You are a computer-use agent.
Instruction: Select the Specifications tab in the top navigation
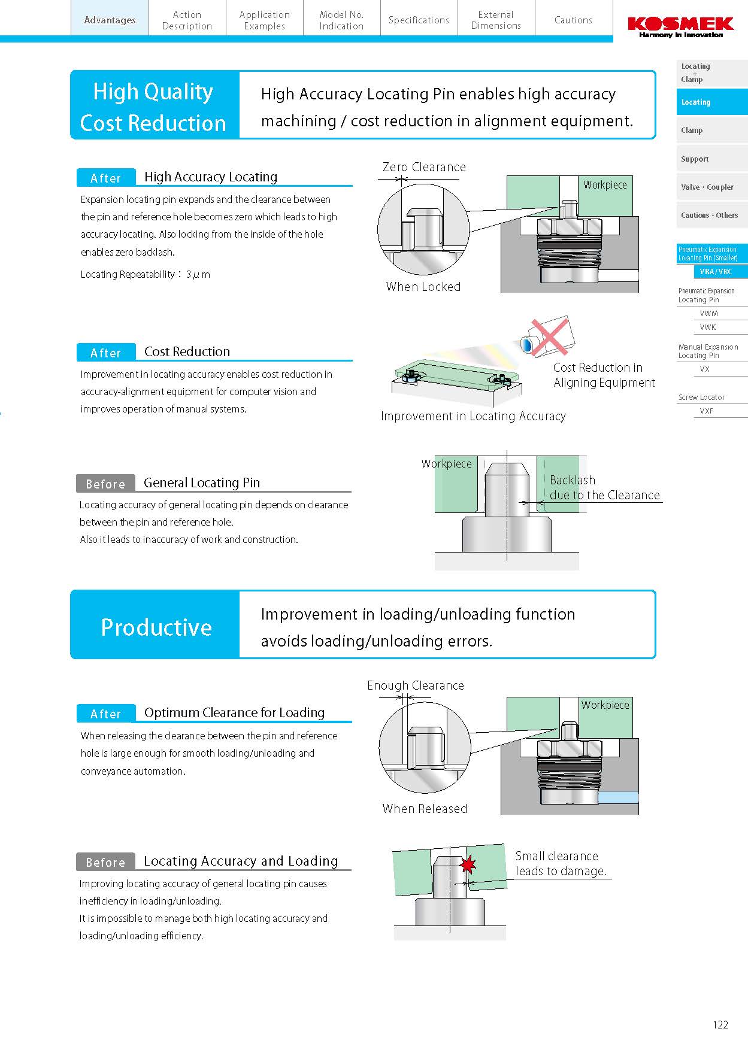(419, 20)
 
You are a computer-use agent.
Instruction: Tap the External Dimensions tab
(496, 20)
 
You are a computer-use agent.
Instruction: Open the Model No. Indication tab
(341, 20)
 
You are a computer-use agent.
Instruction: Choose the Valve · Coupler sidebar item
(707, 187)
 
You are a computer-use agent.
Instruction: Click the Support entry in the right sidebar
(695, 159)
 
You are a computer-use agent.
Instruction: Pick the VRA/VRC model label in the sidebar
(716, 272)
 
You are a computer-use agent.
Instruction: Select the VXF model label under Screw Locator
(707, 411)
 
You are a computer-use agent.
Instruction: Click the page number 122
(720, 1025)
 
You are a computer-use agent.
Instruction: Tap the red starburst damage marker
(467, 864)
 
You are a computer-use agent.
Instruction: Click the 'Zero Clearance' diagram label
(424, 167)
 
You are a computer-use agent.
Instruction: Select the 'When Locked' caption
(423, 287)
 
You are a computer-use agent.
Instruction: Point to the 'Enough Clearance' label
(416, 685)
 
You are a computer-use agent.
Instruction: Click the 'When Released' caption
(425, 809)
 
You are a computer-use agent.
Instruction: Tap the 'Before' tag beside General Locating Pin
(105, 484)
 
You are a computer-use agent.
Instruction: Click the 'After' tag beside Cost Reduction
(106, 353)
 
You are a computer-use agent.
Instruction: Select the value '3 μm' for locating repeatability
(198, 275)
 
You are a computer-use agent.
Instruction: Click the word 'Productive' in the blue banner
(156, 627)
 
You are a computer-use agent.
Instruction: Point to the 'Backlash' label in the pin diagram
(573, 480)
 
